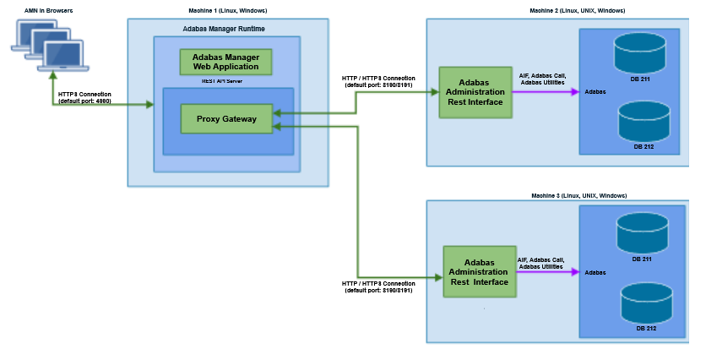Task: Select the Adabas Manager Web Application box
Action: click(x=225, y=62)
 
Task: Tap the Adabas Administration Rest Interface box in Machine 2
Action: click(x=475, y=91)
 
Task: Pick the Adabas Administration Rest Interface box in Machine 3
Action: click(x=479, y=271)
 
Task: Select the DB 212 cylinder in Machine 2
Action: click(x=644, y=123)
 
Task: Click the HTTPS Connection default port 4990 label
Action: click(x=84, y=97)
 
